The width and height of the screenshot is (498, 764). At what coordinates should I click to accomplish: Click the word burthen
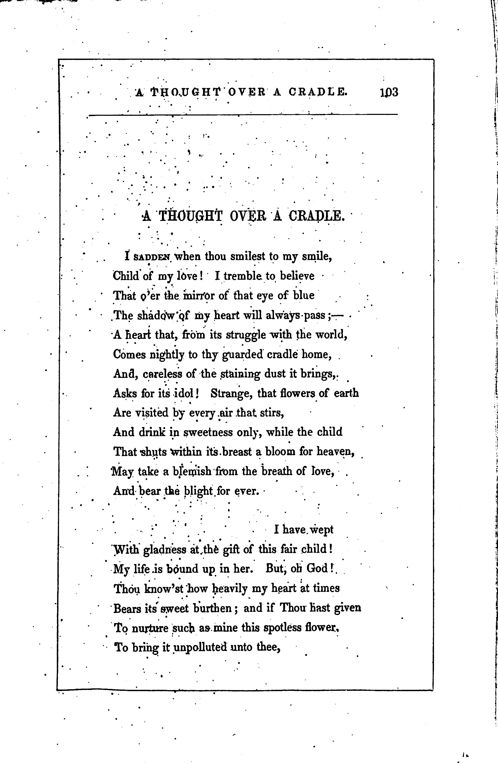pos(212,608)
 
